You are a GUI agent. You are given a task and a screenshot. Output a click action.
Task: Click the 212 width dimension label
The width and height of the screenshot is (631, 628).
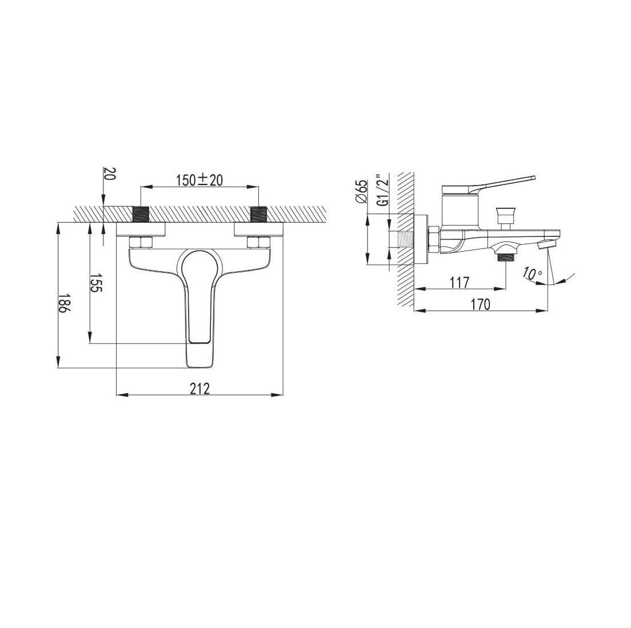200,389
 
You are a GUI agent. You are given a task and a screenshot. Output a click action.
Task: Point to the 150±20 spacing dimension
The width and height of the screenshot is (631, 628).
199,180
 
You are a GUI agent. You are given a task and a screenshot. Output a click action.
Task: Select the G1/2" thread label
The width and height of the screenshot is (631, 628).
384,191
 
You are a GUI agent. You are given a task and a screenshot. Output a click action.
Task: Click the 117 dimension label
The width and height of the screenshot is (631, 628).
460,283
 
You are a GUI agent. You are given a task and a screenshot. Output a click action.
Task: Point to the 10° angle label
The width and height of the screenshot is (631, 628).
533,273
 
